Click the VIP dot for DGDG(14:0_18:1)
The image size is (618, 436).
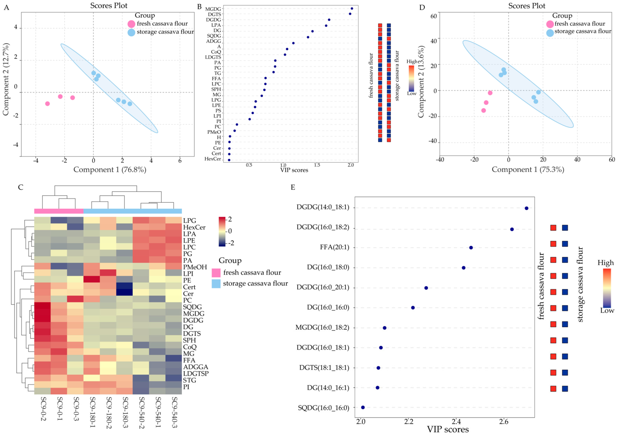[526, 208]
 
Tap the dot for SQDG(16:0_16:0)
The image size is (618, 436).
[363, 407]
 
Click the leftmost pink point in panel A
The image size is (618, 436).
[47, 104]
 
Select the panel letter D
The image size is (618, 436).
[422, 7]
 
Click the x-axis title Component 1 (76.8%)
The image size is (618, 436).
[110, 170]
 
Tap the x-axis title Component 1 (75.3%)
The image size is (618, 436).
[528, 169]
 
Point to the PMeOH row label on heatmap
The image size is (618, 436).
[195, 267]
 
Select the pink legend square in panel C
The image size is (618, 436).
[216, 273]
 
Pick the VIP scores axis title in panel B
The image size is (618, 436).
[294, 170]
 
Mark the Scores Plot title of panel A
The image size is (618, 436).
[109, 6]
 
